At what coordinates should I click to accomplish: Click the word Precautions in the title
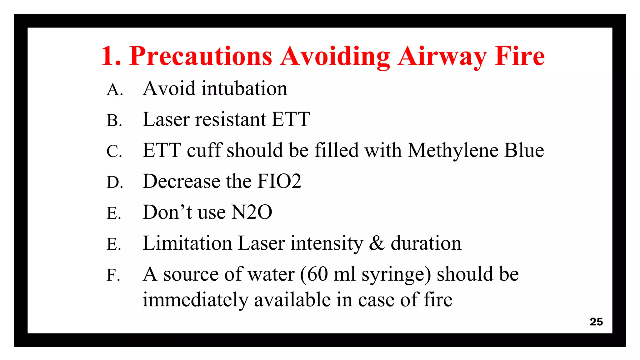[201, 57]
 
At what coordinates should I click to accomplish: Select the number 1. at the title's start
[111, 57]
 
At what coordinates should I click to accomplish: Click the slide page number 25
[596, 322]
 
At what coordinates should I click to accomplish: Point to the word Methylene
[453, 151]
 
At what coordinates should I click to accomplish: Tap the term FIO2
[279, 181]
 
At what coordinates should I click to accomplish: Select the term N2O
[252, 212]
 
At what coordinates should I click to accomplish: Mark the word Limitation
[187, 243]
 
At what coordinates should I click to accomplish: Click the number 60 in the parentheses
[317, 274]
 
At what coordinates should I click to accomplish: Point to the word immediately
[195, 300]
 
